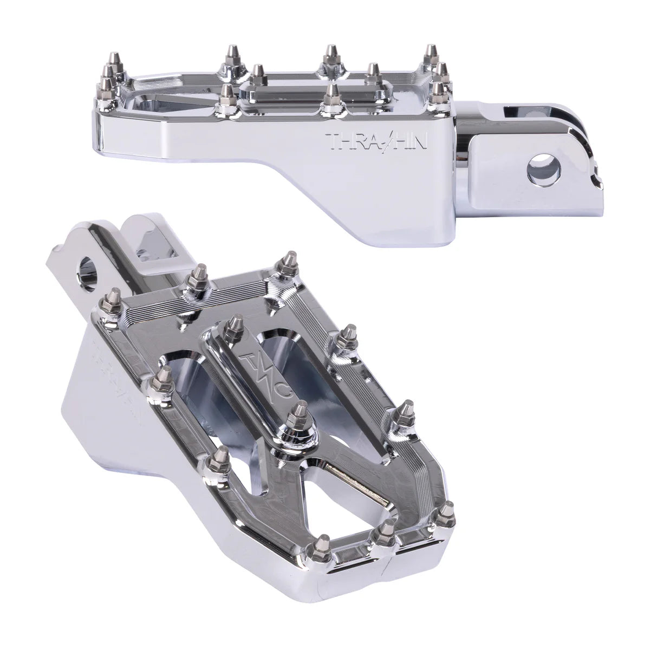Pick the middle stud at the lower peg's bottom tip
coord(387,526)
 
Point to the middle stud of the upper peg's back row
coord(328,55)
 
